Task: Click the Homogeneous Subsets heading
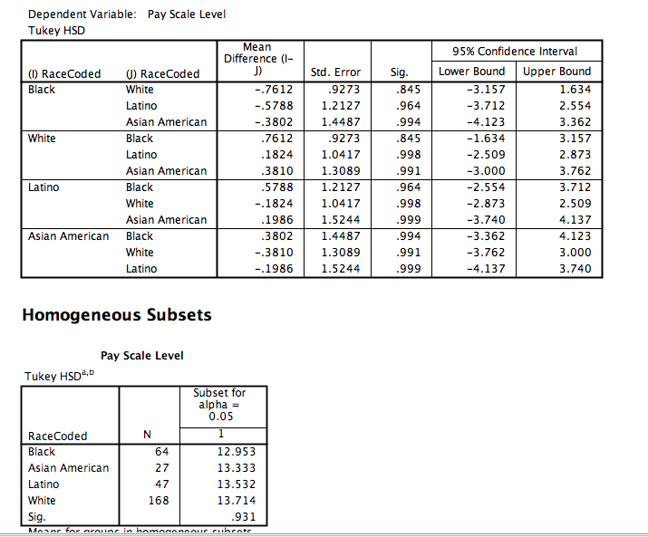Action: click(x=116, y=315)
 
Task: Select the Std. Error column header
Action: click(x=335, y=72)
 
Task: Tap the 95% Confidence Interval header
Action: click(x=514, y=51)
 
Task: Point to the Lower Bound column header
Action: click(x=471, y=72)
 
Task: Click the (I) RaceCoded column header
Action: click(x=64, y=73)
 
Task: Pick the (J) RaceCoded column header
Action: click(x=162, y=73)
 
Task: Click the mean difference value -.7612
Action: click(x=275, y=90)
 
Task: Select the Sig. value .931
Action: click(x=244, y=517)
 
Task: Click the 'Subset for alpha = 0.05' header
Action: click(x=219, y=404)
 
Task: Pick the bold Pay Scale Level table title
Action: click(x=141, y=356)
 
